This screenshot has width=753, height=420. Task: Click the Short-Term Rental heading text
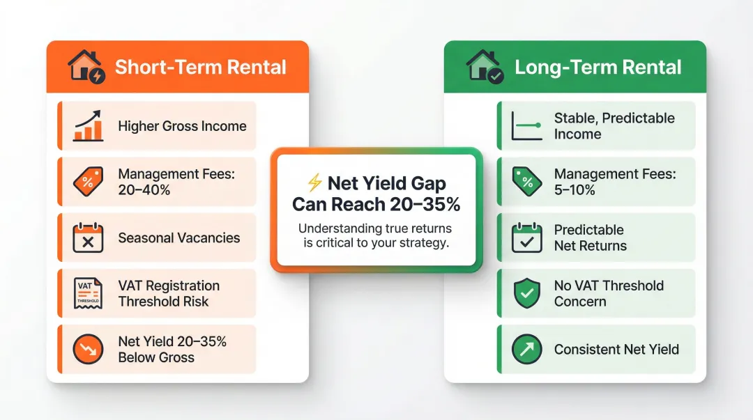(x=200, y=68)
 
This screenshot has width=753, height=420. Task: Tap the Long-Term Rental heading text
(x=598, y=68)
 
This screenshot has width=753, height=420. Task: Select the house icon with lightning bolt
(x=86, y=68)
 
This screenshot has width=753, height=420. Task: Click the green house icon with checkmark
(x=485, y=68)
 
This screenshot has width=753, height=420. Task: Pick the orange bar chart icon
(x=88, y=126)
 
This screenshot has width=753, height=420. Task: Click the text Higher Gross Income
(x=182, y=126)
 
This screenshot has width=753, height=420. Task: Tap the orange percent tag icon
(x=88, y=182)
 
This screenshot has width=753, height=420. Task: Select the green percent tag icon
(x=526, y=182)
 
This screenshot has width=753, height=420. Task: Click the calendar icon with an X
(x=88, y=238)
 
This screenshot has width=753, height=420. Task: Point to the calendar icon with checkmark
(x=526, y=238)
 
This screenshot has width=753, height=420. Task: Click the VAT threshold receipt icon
(x=88, y=293)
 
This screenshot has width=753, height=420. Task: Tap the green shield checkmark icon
(x=526, y=293)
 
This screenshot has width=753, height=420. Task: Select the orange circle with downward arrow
(x=88, y=349)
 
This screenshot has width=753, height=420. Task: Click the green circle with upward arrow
(x=526, y=349)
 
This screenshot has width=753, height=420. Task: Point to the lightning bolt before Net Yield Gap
(x=314, y=183)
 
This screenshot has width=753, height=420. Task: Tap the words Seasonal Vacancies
(x=178, y=238)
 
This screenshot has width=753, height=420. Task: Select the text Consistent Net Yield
(x=616, y=349)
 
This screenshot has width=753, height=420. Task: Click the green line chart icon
(x=526, y=126)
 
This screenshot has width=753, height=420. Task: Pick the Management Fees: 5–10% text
(x=614, y=182)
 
